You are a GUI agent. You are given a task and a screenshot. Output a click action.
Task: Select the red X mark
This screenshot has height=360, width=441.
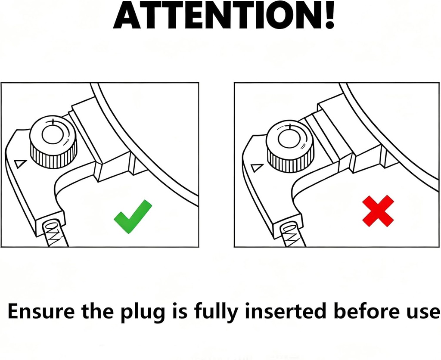coord(378,211)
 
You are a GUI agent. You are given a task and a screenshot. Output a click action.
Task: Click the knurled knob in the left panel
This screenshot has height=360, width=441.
coord(53,142)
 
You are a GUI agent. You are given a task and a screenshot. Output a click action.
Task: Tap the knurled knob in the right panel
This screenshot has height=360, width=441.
coord(290,146)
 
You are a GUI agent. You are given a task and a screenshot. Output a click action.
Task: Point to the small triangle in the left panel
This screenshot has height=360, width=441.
coord(21,163)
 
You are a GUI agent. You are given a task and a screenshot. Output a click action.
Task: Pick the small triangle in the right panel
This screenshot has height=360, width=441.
coord(257,168)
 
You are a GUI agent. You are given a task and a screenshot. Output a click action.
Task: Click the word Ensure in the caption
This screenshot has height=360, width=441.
coord(41,311)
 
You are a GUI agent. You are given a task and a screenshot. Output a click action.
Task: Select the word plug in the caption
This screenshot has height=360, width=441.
coord(143,313)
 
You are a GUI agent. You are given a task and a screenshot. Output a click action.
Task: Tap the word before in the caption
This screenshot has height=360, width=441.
coord(368,311)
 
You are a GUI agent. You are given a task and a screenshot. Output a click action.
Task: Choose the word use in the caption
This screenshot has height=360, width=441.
coord(424,313)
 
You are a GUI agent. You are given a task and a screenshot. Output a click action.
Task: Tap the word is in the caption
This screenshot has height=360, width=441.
coord(180,311)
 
